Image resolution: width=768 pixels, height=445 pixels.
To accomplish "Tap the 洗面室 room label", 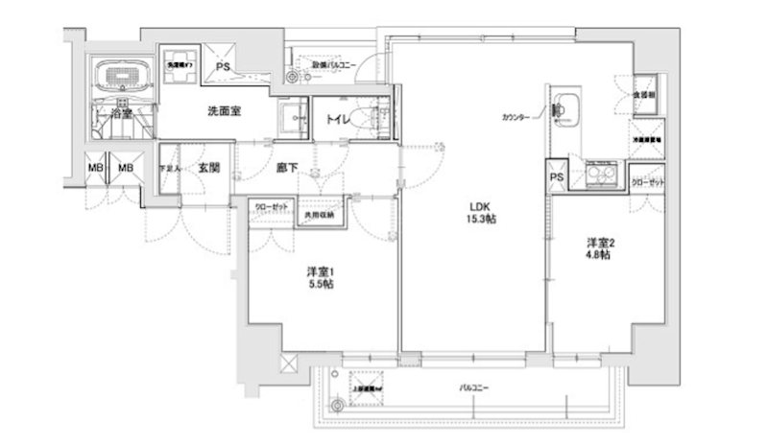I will click(x=223, y=111).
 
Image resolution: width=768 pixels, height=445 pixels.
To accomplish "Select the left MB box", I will click(x=95, y=169).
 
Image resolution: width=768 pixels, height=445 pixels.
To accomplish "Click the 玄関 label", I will click(x=209, y=167).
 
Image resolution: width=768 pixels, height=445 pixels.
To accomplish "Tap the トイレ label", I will click(x=338, y=119).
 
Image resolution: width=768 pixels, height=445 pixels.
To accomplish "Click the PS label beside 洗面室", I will click(x=222, y=67).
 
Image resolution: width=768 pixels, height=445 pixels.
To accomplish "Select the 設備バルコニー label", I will click(x=333, y=65).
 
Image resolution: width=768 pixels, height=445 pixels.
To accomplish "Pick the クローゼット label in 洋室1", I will click(x=272, y=206).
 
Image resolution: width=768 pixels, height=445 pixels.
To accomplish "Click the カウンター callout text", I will click(x=516, y=118).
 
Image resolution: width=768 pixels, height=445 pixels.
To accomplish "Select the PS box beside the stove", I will click(x=556, y=176).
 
